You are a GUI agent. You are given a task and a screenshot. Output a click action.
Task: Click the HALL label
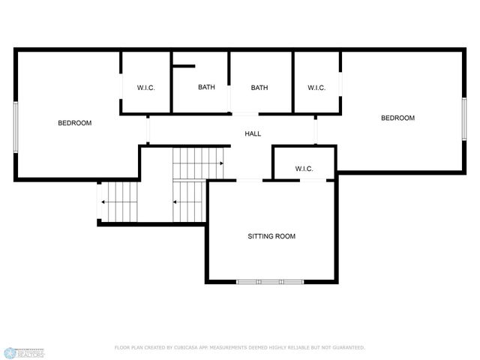[253, 133]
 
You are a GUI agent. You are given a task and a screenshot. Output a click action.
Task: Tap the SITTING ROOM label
[271, 236]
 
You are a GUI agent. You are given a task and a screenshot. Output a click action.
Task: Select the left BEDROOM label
[75, 123]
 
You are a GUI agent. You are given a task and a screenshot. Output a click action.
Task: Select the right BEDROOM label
[397, 118]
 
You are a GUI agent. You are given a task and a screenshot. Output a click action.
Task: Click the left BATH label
[206, 88]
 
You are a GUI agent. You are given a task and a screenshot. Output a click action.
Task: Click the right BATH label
[259, 88]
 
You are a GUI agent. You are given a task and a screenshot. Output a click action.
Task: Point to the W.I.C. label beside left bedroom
[145, 88]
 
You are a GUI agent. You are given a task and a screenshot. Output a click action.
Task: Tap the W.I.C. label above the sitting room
[304, 168]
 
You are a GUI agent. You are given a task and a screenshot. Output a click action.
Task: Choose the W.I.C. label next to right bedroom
[316, 88]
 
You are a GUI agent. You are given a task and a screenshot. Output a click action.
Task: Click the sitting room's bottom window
[270, 282]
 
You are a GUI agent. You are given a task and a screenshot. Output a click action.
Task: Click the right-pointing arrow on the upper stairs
[221, 163]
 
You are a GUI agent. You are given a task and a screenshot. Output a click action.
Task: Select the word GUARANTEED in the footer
[347, 348]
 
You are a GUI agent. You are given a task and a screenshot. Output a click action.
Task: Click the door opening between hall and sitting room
[249, 179]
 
